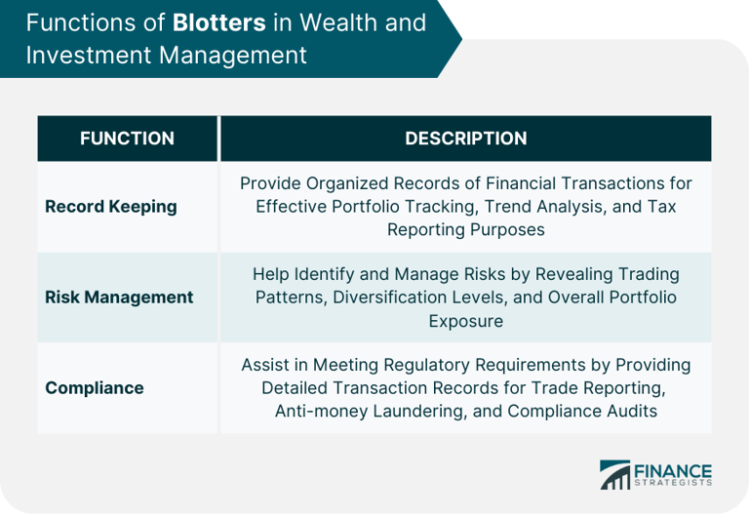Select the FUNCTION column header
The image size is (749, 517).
[127, 139]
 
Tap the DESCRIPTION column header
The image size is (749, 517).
[465, 139]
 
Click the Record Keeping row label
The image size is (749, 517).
[111, 206]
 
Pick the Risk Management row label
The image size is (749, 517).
[119, 297]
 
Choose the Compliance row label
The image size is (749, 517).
[95, 387]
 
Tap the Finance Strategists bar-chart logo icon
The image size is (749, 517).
[615, 475]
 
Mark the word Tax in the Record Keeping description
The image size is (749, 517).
[663, 206]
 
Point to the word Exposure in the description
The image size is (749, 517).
[465, 320]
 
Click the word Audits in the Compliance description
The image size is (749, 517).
[632, 411]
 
